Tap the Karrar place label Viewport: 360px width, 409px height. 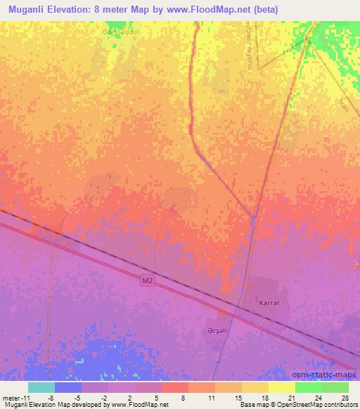[x=269, y=303]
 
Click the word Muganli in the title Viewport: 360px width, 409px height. [x=27, y=9]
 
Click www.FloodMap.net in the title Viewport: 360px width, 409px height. [x=207, y=9]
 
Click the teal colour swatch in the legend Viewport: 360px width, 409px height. [x=41, y=387]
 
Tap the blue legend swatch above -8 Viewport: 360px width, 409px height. [x=67, y=387]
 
